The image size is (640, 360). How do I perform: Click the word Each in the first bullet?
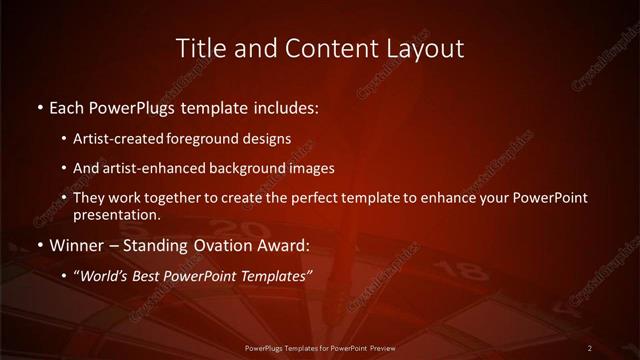(x=67, y=106)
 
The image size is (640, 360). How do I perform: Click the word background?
(x=246, y=168)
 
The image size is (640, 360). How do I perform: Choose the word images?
(x=309, y=168)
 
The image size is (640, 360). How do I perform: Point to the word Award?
(x=284, y=244)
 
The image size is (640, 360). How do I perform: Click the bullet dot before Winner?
(x=40, y=244)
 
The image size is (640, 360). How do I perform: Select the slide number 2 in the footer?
(x=590, y=347)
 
